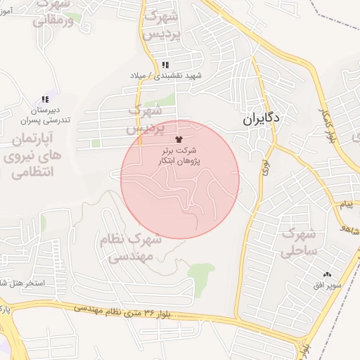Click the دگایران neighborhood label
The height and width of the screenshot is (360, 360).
(x=261, y=119)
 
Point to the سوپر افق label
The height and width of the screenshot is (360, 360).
(x=328, y=287)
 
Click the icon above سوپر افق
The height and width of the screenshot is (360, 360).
(x=327, y=275)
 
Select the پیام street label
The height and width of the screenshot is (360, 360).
(x=345, y=205)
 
